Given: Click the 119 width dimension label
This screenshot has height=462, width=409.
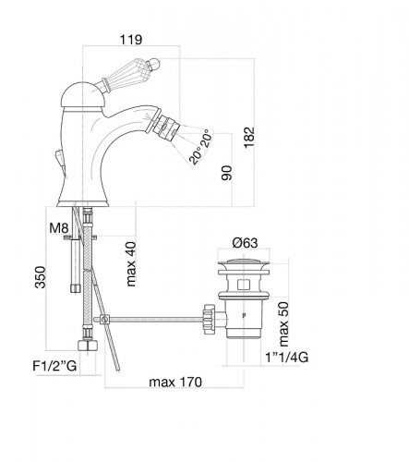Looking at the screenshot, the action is click(131, 40).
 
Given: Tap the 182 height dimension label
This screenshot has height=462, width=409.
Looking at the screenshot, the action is click(249, 137).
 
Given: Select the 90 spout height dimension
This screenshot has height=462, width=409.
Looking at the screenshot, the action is click(226, 173).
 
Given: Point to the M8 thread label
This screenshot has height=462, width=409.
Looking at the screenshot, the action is click(58, 228).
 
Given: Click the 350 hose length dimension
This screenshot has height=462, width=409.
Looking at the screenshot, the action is click(40, 277).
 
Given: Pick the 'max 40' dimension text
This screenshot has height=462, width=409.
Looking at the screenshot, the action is click(130, 264).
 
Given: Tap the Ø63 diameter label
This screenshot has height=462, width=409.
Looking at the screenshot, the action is click(245, 243).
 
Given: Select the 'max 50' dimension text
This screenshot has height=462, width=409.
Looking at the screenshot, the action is click(283, 324).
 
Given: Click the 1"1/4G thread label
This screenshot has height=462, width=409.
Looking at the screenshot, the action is click(286, 358).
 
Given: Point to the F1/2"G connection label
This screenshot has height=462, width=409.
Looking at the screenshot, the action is click(54, 366).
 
